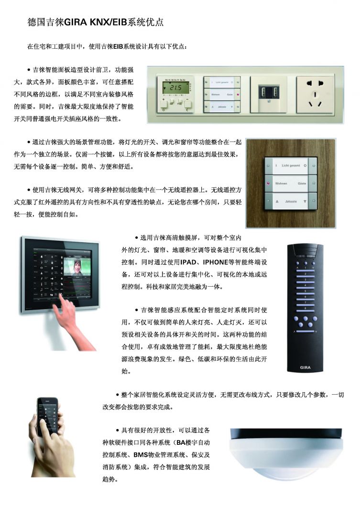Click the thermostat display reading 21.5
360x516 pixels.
(175, 88)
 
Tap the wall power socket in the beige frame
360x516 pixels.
(315, 95)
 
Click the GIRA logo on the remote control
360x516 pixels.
(305, 367)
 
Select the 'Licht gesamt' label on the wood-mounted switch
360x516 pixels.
(291, 165)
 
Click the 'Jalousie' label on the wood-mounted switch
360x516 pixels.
(291, 201)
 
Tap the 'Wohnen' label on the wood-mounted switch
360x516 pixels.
(281, 183)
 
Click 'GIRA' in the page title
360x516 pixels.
(75, 22)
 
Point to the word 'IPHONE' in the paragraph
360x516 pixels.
(216, 262)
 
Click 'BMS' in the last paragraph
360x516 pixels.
(140, 455)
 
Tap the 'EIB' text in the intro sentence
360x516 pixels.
(118, 46)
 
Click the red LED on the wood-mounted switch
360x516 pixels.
(268, 183)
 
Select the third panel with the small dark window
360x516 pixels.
(268, 95)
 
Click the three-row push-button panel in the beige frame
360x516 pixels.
(222, 95)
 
